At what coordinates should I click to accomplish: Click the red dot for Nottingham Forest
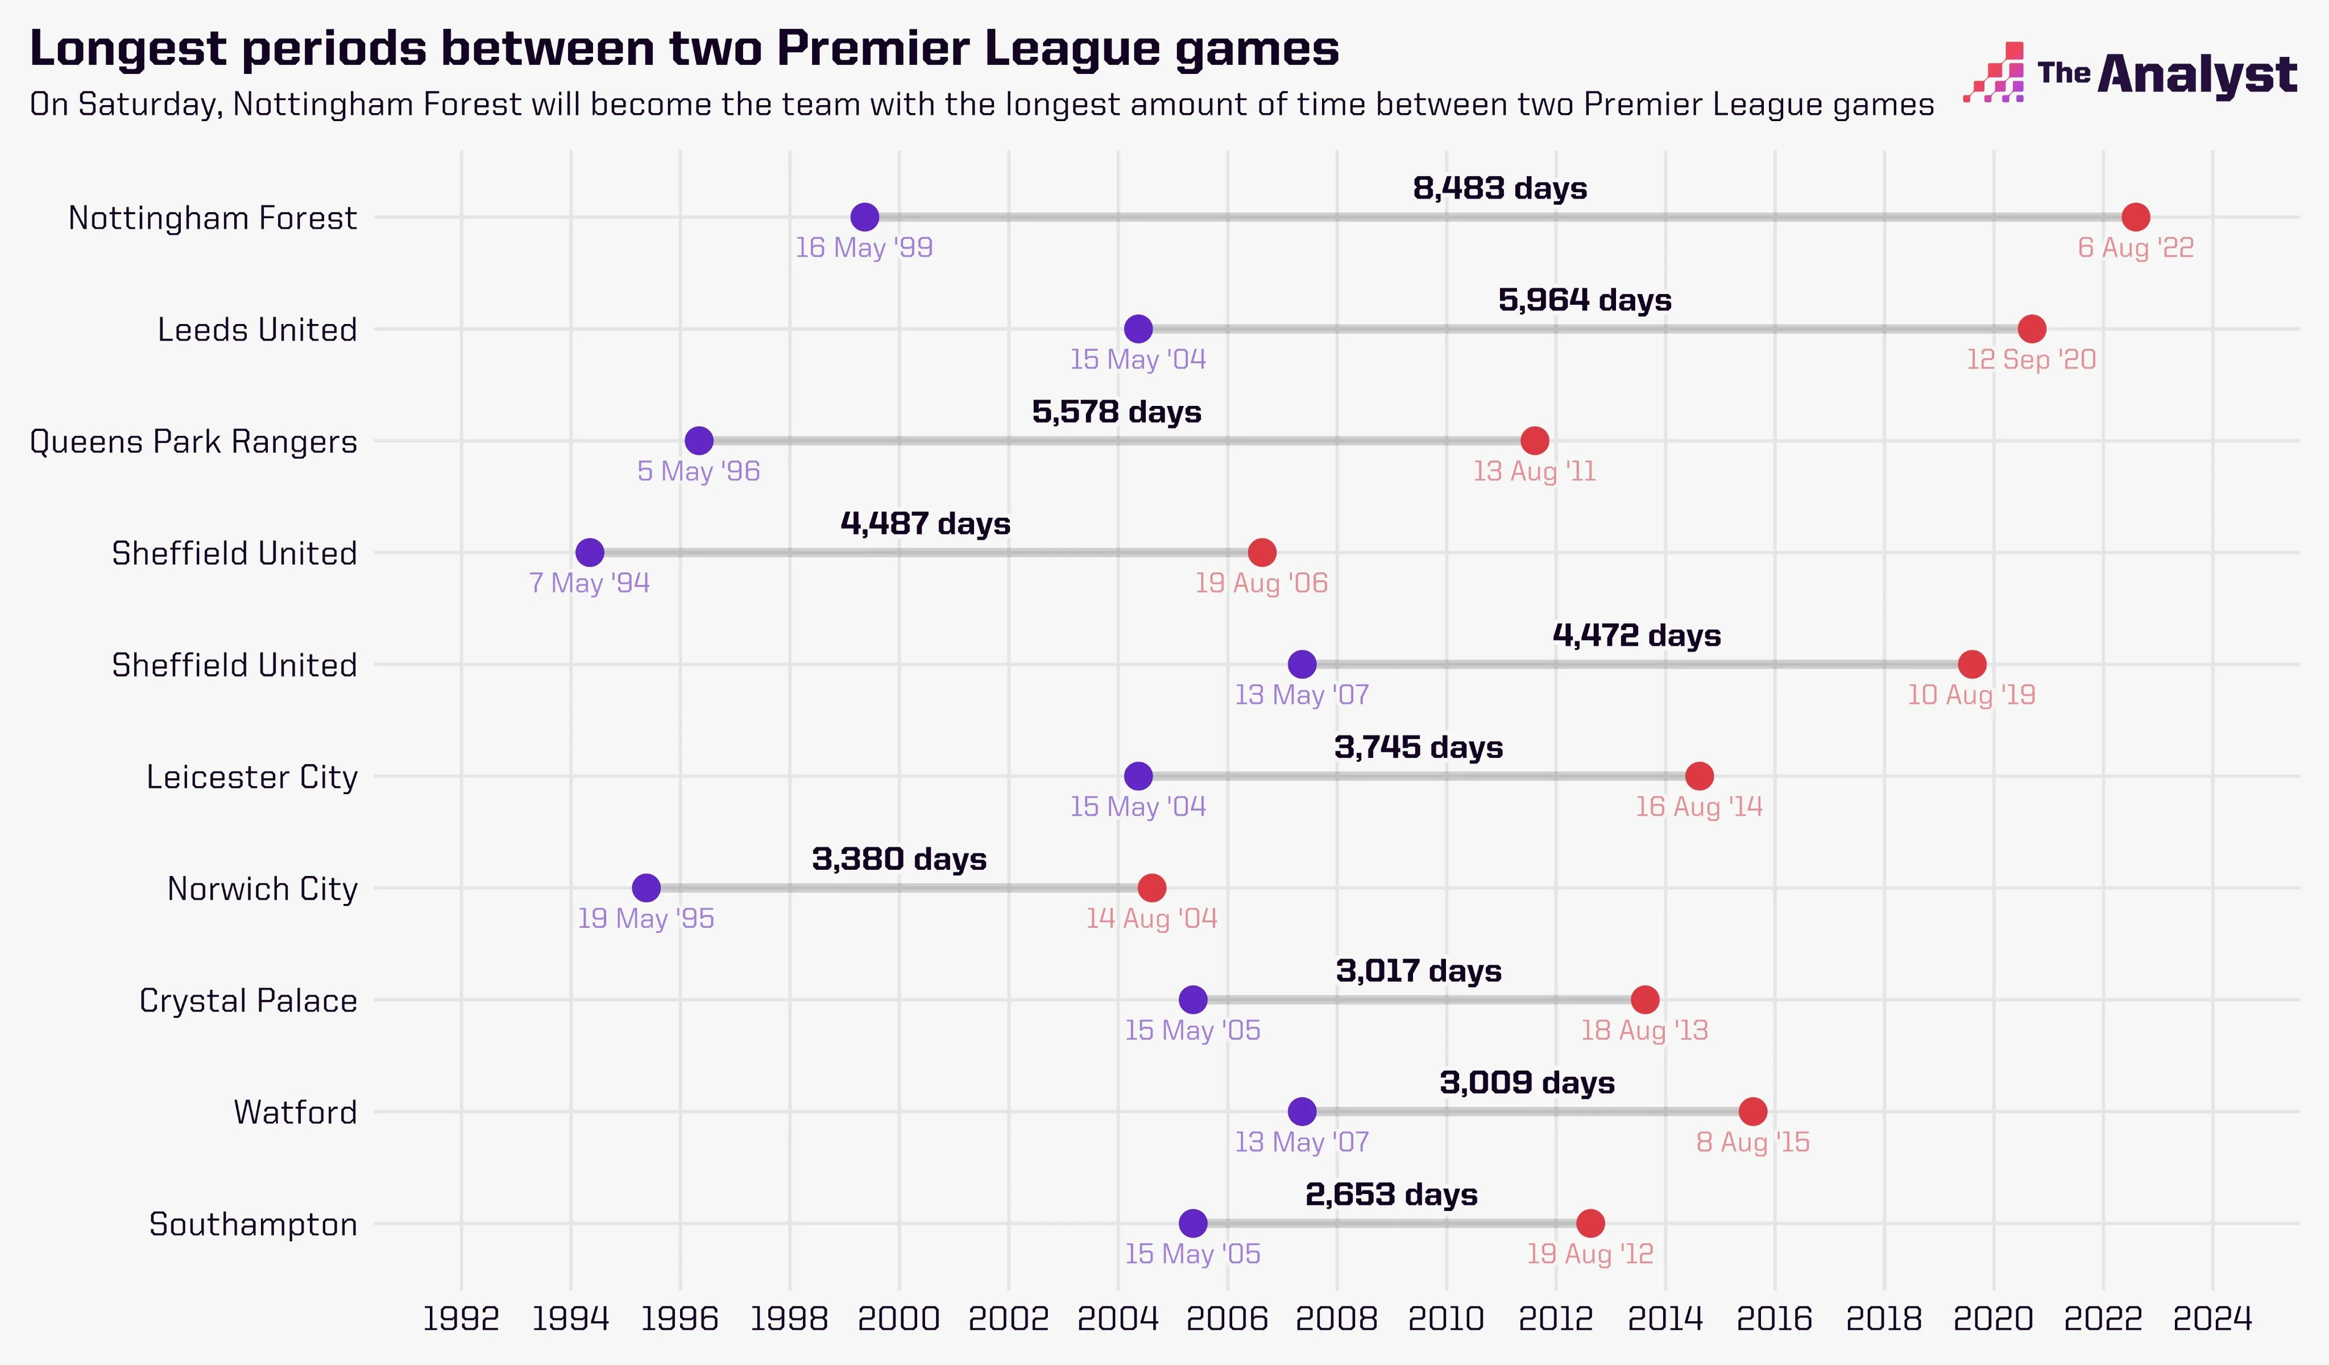[2135, 217]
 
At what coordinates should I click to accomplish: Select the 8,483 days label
[1499, 189]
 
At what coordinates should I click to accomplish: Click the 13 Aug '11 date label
[1534, 471]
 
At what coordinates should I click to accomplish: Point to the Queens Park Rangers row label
[193, 442]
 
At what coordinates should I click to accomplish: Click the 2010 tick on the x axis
[1445, 1318]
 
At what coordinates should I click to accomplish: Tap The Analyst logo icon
[1994, 72]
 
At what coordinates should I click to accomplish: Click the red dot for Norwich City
[1151, 888]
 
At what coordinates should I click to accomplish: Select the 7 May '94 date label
[589, 583]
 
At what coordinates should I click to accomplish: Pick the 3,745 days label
[1418, 748]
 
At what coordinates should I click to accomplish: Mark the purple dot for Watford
[1302, 1112]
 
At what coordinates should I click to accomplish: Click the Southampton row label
[252, 1225]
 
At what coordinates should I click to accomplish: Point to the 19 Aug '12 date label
[1590, 1254]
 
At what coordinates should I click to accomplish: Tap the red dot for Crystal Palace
[1644, 1000]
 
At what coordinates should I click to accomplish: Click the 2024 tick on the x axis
[2212, 1318]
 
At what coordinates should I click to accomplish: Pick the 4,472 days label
[1636, 636]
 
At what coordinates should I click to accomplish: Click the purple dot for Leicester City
[1138, 776]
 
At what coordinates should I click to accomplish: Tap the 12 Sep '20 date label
[2030, 359]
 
